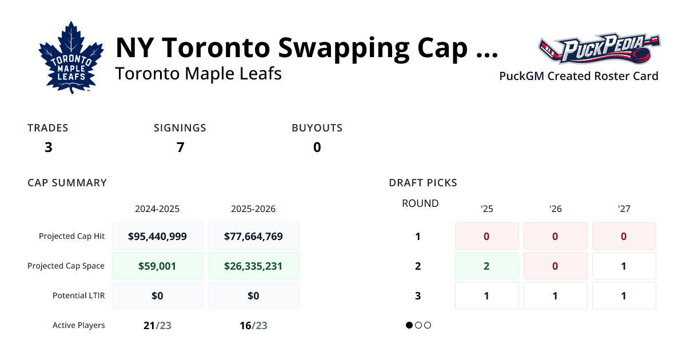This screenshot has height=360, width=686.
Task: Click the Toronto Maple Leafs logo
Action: point(71,58)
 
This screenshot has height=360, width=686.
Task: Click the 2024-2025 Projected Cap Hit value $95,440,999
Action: point(157,236)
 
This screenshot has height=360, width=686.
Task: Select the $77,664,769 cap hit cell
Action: point(253,236)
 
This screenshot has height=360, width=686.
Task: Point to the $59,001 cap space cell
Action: point(157,266)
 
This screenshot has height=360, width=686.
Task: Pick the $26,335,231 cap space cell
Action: point(253,266)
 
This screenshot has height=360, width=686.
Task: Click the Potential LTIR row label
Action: point(79,295)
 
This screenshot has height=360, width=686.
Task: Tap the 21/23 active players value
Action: point(157,325)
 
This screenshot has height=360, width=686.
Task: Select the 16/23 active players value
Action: point(253,325)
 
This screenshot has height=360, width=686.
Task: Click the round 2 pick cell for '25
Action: point(486,266)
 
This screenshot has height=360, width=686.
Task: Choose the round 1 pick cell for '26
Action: point(555,236)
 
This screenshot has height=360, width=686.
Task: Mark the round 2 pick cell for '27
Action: point(624,266)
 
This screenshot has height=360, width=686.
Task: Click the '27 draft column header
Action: point(624,209)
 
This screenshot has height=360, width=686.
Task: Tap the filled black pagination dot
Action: point(409,325)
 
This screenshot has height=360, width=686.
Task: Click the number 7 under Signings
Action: point(180,147)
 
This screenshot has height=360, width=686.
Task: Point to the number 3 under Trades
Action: point(48,147)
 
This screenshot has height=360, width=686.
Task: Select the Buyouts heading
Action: point(317,128)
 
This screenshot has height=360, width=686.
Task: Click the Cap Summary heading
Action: point(67,183)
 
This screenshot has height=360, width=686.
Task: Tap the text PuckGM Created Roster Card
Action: point(579,76)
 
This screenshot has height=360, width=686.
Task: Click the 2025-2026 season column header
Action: point(253,209)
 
